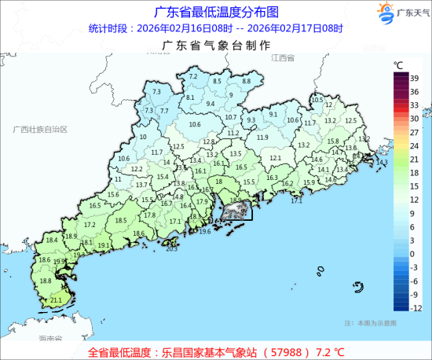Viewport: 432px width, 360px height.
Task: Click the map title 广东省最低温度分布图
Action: pos(215,12)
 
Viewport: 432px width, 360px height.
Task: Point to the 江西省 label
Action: pos(281,59)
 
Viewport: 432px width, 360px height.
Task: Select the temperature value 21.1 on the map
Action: pos(56,300)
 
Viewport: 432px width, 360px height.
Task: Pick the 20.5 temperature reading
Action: pos(172,248)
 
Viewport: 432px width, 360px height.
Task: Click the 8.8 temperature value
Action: pos(245,81)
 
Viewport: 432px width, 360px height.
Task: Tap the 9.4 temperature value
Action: pos(210,104)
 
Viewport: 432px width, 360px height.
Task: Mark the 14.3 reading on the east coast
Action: pos(383,163)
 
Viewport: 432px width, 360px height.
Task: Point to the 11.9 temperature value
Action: pos(262,138)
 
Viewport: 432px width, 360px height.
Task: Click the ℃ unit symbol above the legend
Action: pos(399,64)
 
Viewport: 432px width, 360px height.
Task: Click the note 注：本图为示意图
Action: pos(370,323)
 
